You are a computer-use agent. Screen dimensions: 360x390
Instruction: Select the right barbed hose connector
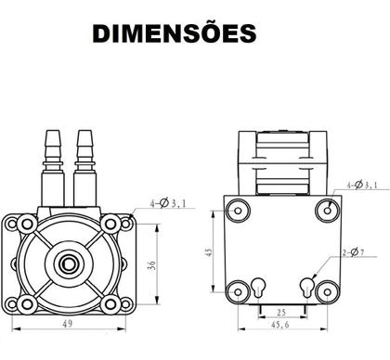(85, 154)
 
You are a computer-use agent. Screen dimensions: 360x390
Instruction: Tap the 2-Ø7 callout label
(357, 251)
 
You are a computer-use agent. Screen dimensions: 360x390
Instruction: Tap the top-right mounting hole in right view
(328, 210)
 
